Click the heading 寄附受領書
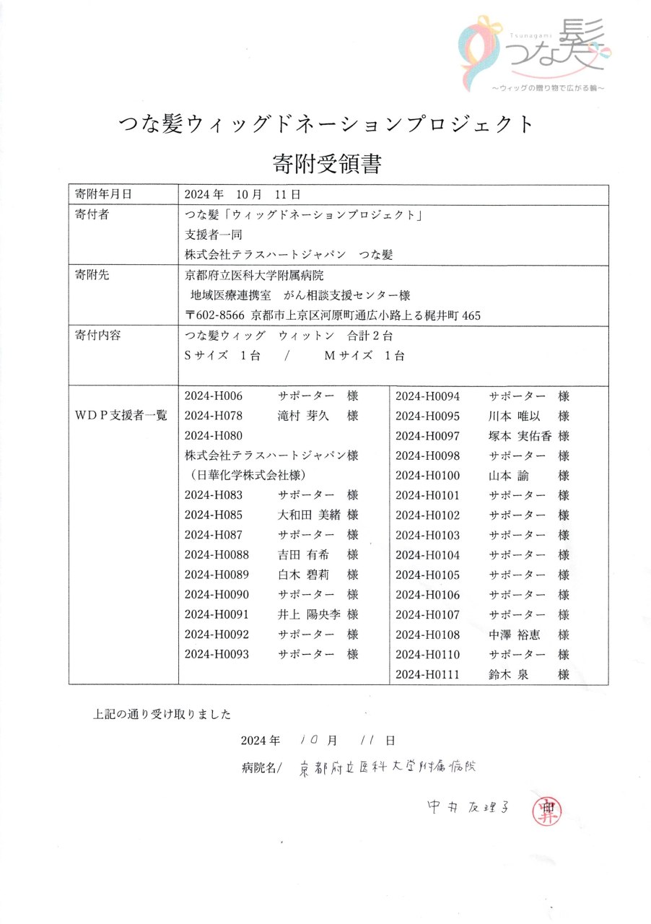326,163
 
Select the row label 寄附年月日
104,194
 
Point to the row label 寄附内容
97,336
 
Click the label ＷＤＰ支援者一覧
121,415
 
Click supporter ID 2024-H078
213,416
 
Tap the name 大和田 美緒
308,515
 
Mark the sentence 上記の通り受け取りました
162,715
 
